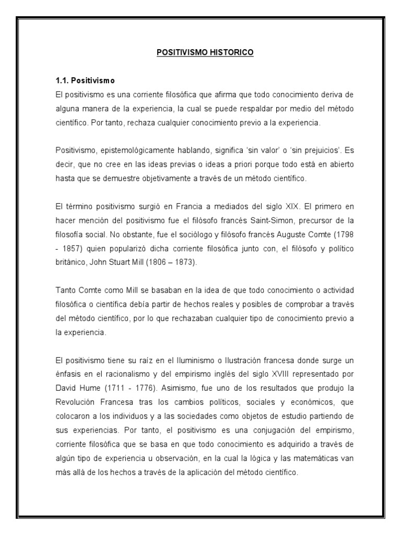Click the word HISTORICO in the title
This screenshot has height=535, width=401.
[x=232, y=53]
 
